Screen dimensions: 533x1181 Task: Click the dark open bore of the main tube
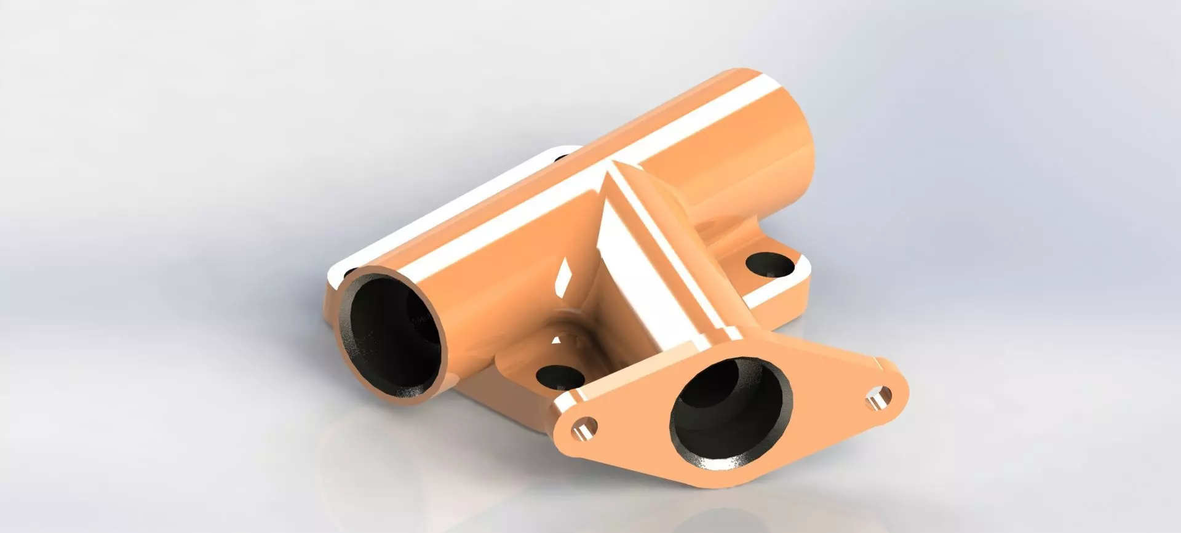point(394,339)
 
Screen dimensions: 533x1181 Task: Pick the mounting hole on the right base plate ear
point(769,266)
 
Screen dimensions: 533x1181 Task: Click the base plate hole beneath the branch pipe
point(559,376)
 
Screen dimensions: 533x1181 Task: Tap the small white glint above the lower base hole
point(557,339)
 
